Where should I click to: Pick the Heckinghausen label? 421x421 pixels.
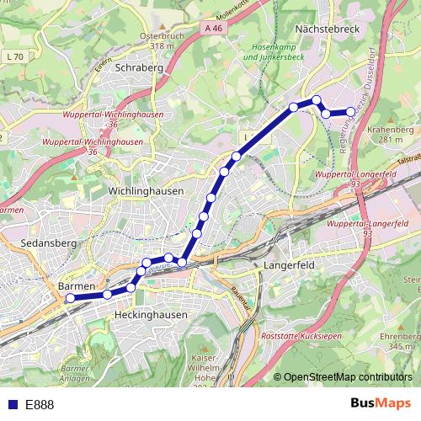(149, 314)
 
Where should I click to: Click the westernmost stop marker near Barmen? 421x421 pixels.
(71, 297)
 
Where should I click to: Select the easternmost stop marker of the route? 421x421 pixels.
(351, 111)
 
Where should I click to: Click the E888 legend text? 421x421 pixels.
(40, 405)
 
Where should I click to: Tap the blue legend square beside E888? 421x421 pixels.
(13, 405)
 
